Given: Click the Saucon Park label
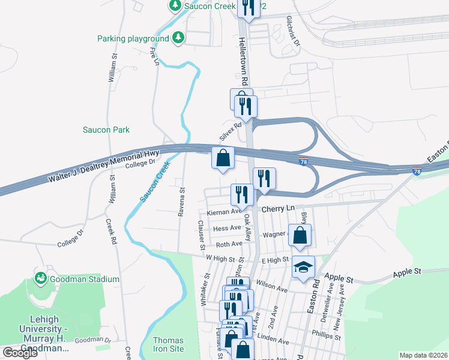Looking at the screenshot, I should [106, 130].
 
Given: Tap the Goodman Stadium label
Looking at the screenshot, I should [85, 279].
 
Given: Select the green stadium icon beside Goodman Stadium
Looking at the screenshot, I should [41, 278].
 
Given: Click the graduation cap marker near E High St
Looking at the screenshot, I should [304, 266].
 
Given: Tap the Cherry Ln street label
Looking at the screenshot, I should [279, 208].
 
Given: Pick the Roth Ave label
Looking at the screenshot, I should [229, 244].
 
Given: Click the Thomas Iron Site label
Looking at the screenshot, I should [168, 344].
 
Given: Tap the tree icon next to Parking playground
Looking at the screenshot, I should [178, 38].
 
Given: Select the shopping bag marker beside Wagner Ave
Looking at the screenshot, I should [300, 235].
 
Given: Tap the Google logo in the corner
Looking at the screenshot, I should [20, 353].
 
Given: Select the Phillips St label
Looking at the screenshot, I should [327, 334].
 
